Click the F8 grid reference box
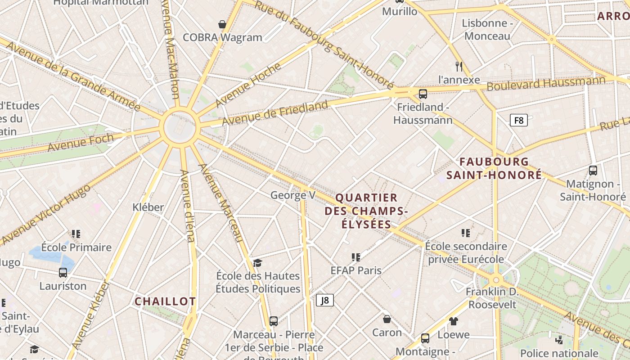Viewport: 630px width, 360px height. click(518, 120)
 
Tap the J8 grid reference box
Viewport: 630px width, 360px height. click(325, 300)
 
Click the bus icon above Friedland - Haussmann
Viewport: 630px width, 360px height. click(423, 94)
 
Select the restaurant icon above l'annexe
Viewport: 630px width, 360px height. click(459, 67)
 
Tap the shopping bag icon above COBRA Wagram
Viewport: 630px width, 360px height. click(222, 24)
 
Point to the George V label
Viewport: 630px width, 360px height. click(292, 195)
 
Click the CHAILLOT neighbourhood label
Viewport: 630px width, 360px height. click(165, 301)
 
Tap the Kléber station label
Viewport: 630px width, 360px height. click(148, 207)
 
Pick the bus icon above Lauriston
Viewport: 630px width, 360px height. click(63, 272)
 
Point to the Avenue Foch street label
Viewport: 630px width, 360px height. click(81, 143)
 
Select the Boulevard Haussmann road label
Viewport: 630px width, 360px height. click(546, 83)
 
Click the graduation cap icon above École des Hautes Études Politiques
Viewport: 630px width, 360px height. click(257, 262)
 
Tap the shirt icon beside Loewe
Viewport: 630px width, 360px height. click(454, 321)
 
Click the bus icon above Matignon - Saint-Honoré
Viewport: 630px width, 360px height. click(593, 171)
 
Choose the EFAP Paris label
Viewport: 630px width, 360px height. click(356, 270)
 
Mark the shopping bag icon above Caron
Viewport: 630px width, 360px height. click(387, 319)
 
